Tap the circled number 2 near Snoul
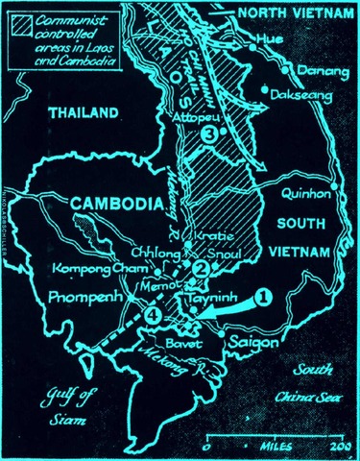(x=201, y=269)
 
